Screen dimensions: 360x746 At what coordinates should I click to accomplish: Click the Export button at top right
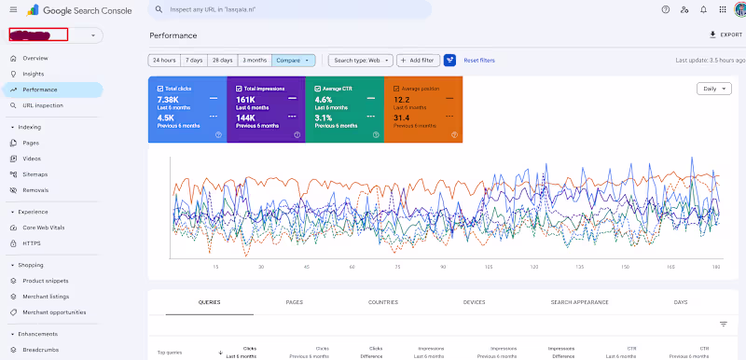pos(725,35)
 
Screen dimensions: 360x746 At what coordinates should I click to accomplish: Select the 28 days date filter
pos(222,60)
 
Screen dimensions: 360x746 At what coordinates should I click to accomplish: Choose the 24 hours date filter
pos(164,60)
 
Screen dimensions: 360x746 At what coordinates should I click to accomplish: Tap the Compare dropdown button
pos(293,60)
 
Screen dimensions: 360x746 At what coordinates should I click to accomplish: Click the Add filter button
pos(418,60)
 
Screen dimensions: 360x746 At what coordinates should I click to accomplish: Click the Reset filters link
pos(479,60)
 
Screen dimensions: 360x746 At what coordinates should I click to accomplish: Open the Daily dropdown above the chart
pos(712,89)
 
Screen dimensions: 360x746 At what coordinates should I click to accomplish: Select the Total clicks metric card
pos(186,110)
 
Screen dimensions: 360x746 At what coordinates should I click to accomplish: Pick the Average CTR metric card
pos(343,110)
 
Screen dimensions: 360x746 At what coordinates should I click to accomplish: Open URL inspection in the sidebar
pos(43,105)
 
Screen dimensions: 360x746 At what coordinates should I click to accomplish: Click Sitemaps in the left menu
pos(35,174)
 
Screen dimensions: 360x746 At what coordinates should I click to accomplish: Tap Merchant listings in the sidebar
pos(44,297)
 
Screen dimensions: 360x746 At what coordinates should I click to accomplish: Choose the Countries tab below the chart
pos(382,302)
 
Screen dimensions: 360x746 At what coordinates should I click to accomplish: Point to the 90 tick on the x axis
pos(442,267)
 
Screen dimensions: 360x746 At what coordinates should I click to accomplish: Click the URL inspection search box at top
pos(289,9)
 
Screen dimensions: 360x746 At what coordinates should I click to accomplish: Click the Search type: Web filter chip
pos(363,60)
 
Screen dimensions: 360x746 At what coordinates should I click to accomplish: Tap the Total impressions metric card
pos(265,110)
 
